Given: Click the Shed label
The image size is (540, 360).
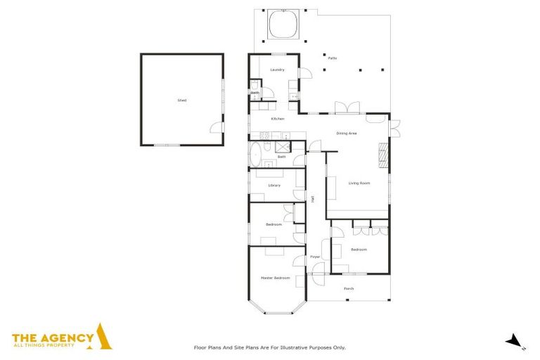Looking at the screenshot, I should click(182, 101).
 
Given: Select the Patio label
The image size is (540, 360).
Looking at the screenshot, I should click(332, 58).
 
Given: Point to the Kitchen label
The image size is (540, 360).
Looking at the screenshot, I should click(278, 119).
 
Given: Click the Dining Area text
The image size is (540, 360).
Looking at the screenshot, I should click(347, 133).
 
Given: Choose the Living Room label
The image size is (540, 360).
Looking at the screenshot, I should click(359, 183).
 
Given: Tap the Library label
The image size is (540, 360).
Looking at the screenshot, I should click(274, 185).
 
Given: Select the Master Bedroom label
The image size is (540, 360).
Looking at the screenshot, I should click(276, 278).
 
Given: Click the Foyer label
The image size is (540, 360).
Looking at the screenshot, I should click(315, 257).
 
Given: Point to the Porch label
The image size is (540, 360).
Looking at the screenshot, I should click(349, 289).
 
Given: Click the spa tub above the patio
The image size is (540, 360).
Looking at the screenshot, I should click(283, 25).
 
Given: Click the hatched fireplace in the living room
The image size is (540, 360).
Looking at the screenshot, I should click(383, 155).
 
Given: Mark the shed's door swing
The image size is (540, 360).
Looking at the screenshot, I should click(216, 127).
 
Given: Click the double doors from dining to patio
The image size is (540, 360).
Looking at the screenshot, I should click(347, 108).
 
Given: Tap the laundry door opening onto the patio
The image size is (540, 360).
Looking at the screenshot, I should click(306, 74).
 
